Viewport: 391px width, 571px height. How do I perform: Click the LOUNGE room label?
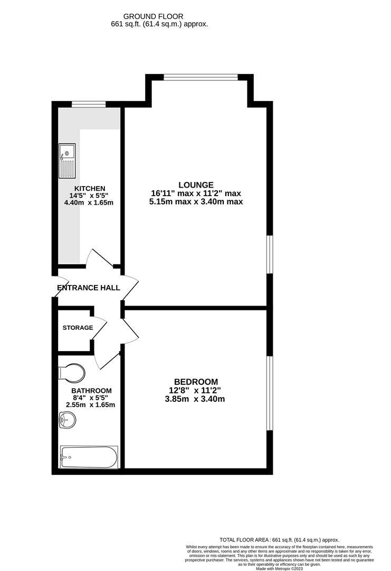196,185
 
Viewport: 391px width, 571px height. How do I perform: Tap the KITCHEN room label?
90,188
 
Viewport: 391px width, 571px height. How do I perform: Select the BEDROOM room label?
196,382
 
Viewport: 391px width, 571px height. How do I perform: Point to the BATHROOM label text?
92,391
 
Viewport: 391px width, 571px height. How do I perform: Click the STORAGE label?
78,328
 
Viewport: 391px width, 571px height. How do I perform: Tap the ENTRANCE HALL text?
89,288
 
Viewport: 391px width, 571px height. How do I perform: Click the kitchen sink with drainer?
68,160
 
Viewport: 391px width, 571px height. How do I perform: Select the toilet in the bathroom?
72,373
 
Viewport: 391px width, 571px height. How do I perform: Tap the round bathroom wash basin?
68,421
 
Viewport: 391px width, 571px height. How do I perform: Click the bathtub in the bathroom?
89,457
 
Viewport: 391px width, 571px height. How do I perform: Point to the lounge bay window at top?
201,78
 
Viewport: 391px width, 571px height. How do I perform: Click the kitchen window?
87,104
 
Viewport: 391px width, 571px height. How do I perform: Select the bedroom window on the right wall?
269,393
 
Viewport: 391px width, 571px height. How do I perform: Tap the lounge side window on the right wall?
269,254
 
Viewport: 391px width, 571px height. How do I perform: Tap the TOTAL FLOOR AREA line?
279,540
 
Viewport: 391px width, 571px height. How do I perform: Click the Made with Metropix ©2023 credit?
279,568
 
